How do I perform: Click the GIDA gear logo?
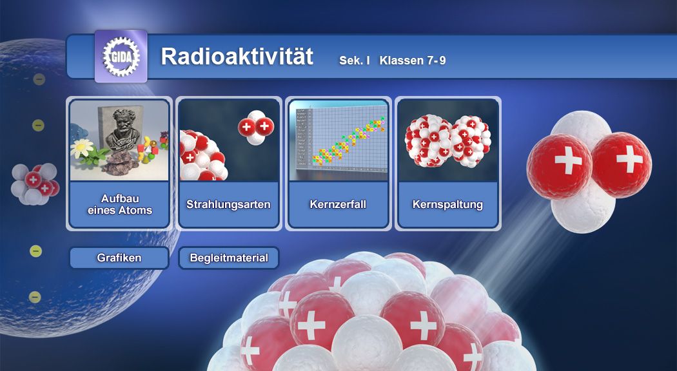121,57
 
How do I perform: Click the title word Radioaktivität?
237,57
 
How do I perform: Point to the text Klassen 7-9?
413,61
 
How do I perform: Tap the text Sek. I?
355,61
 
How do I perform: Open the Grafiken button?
119,258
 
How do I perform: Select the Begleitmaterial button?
229,258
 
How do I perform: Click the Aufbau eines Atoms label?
119,204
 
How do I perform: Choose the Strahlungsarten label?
228,204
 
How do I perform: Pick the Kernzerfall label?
338,204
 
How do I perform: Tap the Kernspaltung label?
447,204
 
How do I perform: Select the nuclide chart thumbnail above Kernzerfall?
338,140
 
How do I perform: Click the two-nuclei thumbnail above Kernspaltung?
447,140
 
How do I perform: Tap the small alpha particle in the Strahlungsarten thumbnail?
255,127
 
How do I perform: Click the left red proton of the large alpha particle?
559,167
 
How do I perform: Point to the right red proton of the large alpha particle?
622,165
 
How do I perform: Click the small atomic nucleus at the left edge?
35,184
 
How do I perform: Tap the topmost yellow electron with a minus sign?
39,79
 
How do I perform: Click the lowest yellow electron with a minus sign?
35,297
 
